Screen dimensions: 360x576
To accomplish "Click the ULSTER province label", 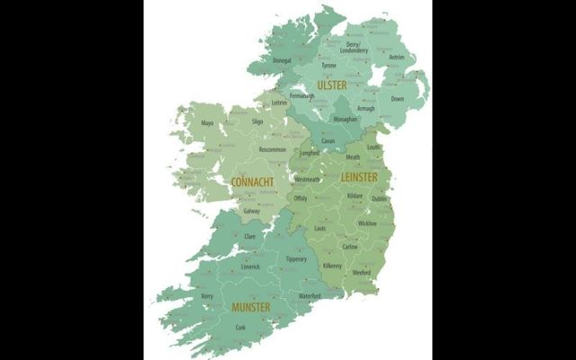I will pos(332,85).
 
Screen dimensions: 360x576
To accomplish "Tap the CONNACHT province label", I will pos(252,182).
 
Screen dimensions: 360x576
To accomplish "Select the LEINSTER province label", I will pos(359,177).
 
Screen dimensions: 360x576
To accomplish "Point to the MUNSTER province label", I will pos(252,307).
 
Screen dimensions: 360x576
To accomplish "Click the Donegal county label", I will pos(282,60).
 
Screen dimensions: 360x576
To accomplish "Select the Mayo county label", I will pos(208,122).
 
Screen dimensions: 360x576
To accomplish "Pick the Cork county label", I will pos(239,328).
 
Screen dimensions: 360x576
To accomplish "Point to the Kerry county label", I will pos(207,295).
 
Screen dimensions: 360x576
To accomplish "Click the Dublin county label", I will pos(379,199).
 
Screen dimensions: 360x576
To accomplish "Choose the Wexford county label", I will pos(362,271).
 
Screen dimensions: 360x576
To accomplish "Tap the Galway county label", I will pos(252,211).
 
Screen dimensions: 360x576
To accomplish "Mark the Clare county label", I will pos(249,236).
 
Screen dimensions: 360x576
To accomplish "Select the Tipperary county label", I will pos(297,259).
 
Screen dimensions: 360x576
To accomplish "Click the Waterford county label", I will pos(310,294).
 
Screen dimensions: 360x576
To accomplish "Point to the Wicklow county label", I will pos(367,222).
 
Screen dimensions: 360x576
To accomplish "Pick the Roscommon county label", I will pos(272,148).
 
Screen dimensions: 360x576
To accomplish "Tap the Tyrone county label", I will pos(329,65).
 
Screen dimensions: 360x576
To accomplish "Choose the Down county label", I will pos(398,99).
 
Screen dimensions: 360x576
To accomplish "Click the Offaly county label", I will pos(301,198).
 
